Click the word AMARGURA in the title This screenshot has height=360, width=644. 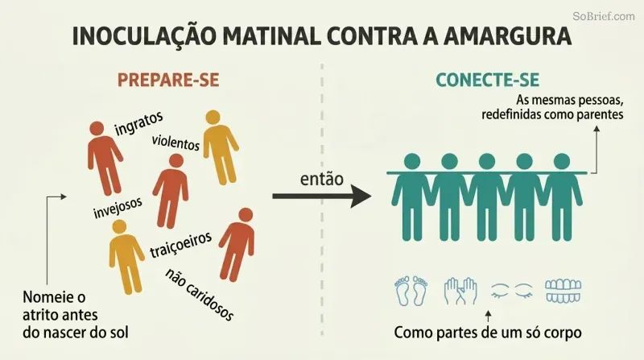pyautogui.click(x=507, y=36)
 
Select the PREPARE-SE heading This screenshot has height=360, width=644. pyautogui.click(x=168, y=80)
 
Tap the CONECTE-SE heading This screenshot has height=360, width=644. pyautogui.click(x=488, y=80)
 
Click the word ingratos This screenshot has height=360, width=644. pyautogui.click(x=138, y=123)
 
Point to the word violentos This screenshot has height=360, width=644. pyautogui.click(x=175, y=143)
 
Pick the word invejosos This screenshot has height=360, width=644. pyautogui.click(x=118, y=208)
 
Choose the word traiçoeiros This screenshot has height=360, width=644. pyautogui.click(x=180, y=245)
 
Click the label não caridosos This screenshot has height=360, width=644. pyautogui.click(x=200, y=294)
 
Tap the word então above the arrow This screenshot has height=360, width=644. pyautogui.click(x=321, y=179)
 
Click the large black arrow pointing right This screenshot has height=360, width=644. pyautogui.click(x=321, y=196)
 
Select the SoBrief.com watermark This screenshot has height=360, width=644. pyautogui.click(x=603, y=16)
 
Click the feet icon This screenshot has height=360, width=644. pyautogui.click(x=411, y=290)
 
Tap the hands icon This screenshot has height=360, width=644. pyautogui.click(x=460, y=291)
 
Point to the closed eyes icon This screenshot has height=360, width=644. pyautogui.click(x=512, y=291)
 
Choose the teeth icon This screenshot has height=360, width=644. pyautogui.click(x=563, y=291)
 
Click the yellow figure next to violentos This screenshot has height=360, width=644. pyautogui.click(x=221, y=147)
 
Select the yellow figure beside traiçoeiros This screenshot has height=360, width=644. pyautogui.click(x=126, y=256)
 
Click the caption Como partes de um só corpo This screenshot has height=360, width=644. pyautogui.click(x=488, y=332)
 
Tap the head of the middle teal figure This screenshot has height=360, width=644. pyautogui.click(x=487, y=162)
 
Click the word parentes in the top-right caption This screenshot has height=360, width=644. pyautogui.click(x=600, y=114)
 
